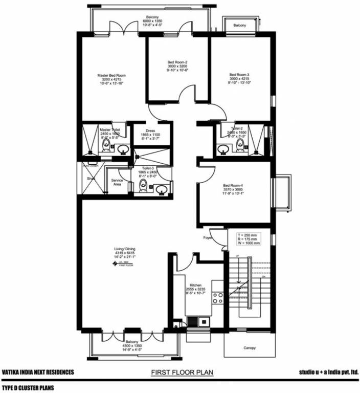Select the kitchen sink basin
196,322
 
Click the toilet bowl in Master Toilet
106,146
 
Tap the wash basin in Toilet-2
223,149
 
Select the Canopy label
249,348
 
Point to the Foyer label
207,237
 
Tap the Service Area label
117,182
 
